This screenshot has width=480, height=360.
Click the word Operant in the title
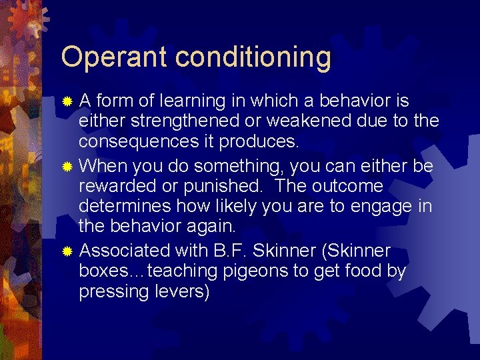111,58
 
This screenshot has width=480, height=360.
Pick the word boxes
101,272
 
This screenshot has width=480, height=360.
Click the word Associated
125,251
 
